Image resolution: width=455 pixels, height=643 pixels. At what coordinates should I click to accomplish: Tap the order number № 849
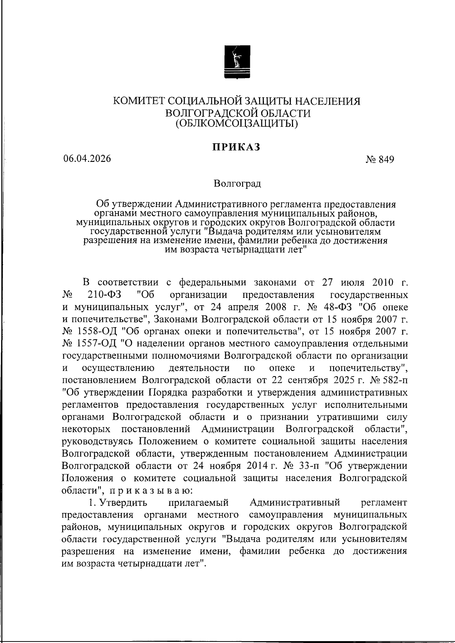(x=380, y=160)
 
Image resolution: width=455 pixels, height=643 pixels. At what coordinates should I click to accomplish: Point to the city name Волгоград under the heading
(x=237, y=184)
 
